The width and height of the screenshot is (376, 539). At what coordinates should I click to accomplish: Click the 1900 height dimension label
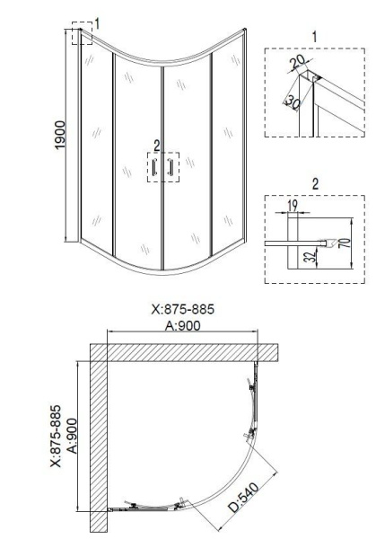56,136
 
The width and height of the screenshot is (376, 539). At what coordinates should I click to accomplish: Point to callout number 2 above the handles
156,144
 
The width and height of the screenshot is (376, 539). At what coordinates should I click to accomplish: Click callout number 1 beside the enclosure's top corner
98,22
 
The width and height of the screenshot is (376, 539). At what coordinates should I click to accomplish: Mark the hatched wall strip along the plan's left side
98,440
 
